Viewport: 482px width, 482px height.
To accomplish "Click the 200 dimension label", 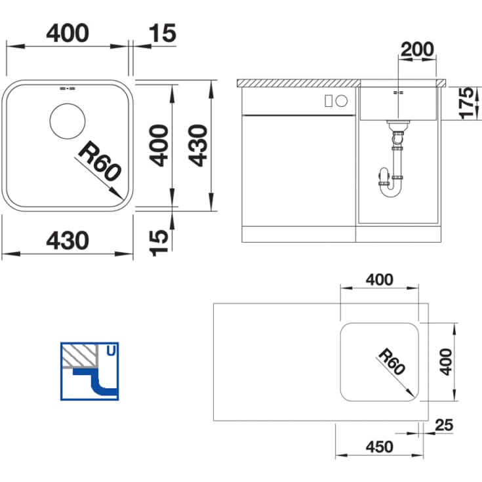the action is point(417,49).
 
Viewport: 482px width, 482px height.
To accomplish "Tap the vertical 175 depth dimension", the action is point(466,103).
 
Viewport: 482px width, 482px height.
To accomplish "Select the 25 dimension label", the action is point(444,425).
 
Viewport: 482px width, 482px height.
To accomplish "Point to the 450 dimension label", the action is point(379,447).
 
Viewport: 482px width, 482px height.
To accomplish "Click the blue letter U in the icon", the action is point(111,350).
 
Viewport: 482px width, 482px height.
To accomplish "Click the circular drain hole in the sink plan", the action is point(68,121).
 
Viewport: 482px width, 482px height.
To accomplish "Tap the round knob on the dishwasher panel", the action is point(341,101).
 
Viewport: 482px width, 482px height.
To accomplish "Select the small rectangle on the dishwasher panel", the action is point(329,101).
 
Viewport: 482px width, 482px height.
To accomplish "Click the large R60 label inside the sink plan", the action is point(100,161).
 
